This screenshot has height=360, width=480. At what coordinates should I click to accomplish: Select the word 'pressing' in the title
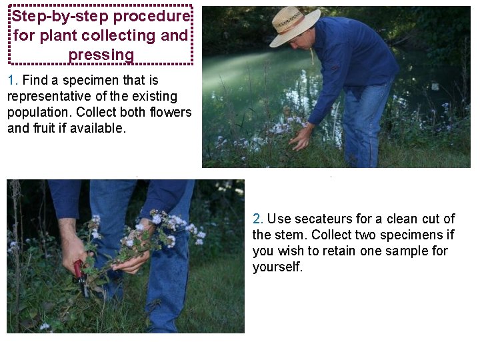click(101, 55)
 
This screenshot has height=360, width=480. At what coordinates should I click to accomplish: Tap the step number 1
click(12, 80)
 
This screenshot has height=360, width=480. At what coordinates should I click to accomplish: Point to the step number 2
click(257, 219)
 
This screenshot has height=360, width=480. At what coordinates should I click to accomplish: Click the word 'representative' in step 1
click(49, 97)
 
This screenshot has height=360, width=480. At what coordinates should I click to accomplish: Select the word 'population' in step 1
click(39, 113)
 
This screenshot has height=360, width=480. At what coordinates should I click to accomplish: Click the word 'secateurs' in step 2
click(323, 219)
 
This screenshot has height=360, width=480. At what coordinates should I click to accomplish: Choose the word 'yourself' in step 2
click(277, 267)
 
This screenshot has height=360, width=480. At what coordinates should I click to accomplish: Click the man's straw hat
click(294, 26)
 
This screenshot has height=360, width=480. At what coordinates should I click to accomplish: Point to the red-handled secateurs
click(80, 278)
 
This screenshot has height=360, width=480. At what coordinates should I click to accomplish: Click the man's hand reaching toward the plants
click(301, 139)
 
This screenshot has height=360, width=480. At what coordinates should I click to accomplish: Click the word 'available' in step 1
click(98, 128)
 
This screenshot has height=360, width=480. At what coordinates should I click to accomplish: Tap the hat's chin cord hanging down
click(312, 55)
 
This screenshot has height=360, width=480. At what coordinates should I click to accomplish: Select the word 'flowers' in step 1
click(171, 112)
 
